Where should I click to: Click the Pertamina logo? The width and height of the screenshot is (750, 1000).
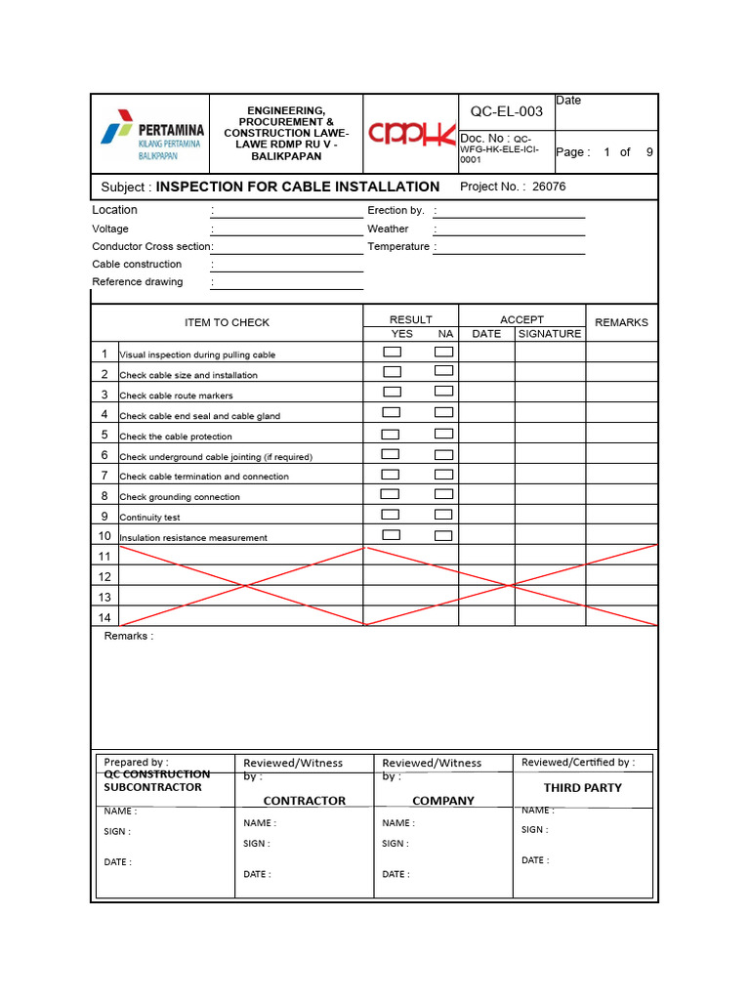coord(151,134)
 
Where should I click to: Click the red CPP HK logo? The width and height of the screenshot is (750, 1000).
coord(412,133)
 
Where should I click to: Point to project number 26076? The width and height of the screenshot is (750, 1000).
coord(549,187)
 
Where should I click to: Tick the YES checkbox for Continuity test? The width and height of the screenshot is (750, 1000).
coord(391,515)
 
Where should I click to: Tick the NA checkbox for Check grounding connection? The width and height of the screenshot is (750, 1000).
coord(443,494)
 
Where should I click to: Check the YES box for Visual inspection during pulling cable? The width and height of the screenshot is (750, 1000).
coord(392,352)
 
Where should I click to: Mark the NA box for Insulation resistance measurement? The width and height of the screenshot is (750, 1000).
coord(443,535)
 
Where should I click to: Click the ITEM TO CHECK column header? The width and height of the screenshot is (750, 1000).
coord(227,322)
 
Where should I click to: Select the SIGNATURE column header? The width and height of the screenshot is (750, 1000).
coord(549,334)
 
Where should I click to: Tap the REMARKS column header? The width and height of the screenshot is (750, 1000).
coord(621,322)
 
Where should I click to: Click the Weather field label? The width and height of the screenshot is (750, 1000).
coord(388,229)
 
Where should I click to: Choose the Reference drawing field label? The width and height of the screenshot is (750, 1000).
coord(138,282)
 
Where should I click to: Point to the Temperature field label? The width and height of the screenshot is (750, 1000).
coord(398,247)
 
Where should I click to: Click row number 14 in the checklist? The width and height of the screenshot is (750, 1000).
coord(104,617)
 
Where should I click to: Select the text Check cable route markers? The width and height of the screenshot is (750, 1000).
coord(176,396)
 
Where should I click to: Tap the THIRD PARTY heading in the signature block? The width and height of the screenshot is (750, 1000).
coord(582,787)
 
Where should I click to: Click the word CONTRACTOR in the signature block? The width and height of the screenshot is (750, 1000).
coord(305,801)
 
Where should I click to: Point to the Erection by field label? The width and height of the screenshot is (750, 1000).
coord(396,210)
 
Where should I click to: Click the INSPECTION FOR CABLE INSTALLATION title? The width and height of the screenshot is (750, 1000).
coord(298,187)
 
